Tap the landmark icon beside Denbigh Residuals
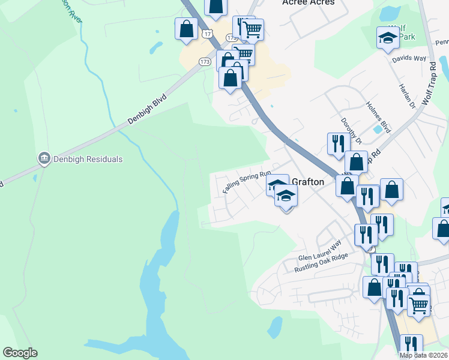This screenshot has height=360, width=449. pyautogui.click(x=43, y=159)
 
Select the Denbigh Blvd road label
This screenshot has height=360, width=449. pyautogui.click(x=146, y=109)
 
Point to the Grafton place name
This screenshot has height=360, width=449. pyautogui.click(x=308, y=182)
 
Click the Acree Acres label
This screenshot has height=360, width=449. pyautogui.click(x=308, y=3)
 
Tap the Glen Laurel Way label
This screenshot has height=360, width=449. pyautogui.click(x=320, y=251)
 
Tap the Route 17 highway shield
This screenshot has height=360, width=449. pyautogui.click(x=207, y=34)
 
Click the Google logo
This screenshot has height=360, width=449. pyautogui.click(x=20, y=353)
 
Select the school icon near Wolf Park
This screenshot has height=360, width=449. pyautogui.click(x=388, y=39)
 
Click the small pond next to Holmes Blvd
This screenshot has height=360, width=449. pyautogui.click(x=378, y=128)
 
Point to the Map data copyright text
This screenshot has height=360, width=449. pyautogui.click(x=424, y=355)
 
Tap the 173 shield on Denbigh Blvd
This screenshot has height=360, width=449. pyautogui.click(x=204, y=61)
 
